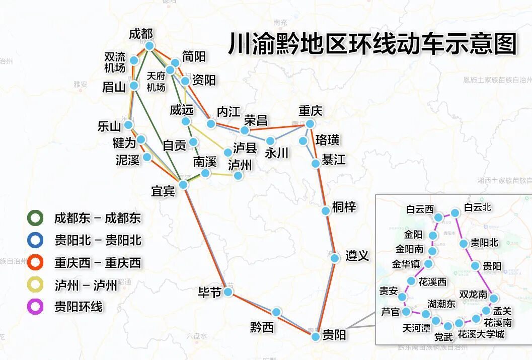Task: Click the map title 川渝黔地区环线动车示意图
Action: pos(372,44)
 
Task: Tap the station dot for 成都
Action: pos(149,46)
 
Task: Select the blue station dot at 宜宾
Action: pos(183,185)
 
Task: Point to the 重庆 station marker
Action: pos(310,124)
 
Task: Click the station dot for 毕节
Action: pos(228,292)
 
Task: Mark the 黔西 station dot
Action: pos(276,312)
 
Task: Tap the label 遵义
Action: pos(357,256)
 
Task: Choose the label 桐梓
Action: pos(344,206)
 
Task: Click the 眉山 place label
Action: pos(114,87)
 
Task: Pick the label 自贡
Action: pos(174,146)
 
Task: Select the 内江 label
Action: pos(229,111)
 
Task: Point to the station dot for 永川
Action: pos(270,140)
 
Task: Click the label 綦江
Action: pos(334,160)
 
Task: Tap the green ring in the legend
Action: pos(35,218)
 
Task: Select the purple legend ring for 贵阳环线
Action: pos(35,307)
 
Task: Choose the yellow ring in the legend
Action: pos(35,285)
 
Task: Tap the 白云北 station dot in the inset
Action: pos(455,213)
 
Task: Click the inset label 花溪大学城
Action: pos(481,334)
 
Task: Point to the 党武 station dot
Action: pos(448,326)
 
